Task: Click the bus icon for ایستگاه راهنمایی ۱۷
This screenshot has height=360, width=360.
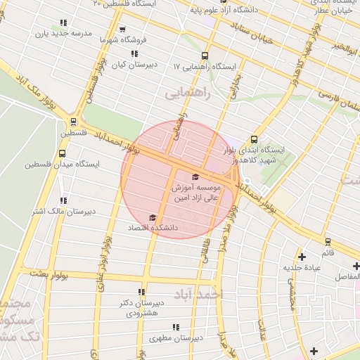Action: coord(205,56)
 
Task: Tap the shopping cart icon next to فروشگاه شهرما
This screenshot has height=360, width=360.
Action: coord(123,30)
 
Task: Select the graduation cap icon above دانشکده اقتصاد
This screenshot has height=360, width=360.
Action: coord(153,218)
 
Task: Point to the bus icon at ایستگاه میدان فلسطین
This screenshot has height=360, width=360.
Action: coord(63,153)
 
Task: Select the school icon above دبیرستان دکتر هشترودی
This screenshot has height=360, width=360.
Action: coord(141,292)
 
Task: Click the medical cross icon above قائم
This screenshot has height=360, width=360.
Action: coord(302,257)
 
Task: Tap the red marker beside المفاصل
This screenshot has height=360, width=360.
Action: coord(356,266)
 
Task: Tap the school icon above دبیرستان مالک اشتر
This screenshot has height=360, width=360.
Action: coord(64,200)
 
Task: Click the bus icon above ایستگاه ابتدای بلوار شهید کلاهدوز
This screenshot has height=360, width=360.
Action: coord(253,139)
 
